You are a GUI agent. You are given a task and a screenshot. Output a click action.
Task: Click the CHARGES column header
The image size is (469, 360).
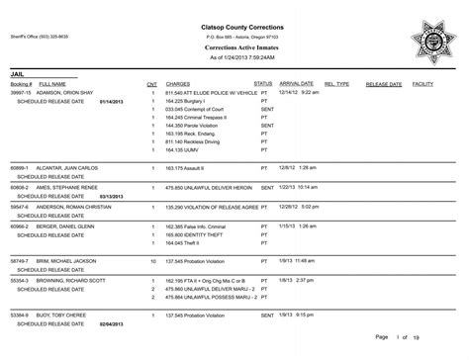(x=178, y=85)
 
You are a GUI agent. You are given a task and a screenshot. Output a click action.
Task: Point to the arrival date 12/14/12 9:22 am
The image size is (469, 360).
(x=304, y=93)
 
